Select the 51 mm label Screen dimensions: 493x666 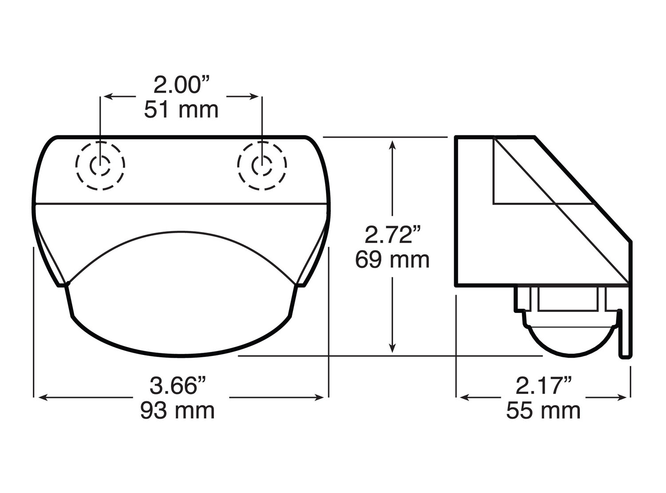[x=181, y=110]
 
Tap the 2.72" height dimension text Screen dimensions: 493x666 [x=392, y=235]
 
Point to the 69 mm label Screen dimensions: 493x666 [x=392, y=260]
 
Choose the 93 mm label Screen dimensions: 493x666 [x=178, y=410]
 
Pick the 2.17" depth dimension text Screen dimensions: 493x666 [x=543, y=385]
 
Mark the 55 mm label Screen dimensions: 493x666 [x=543, y=410]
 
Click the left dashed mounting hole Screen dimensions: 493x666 [x=100, y=166]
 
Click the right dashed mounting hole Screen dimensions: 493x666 [x=262, y=166]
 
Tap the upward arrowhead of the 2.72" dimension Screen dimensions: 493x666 [x=392, y=144]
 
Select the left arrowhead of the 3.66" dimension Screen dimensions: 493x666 [x=41, y=398]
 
